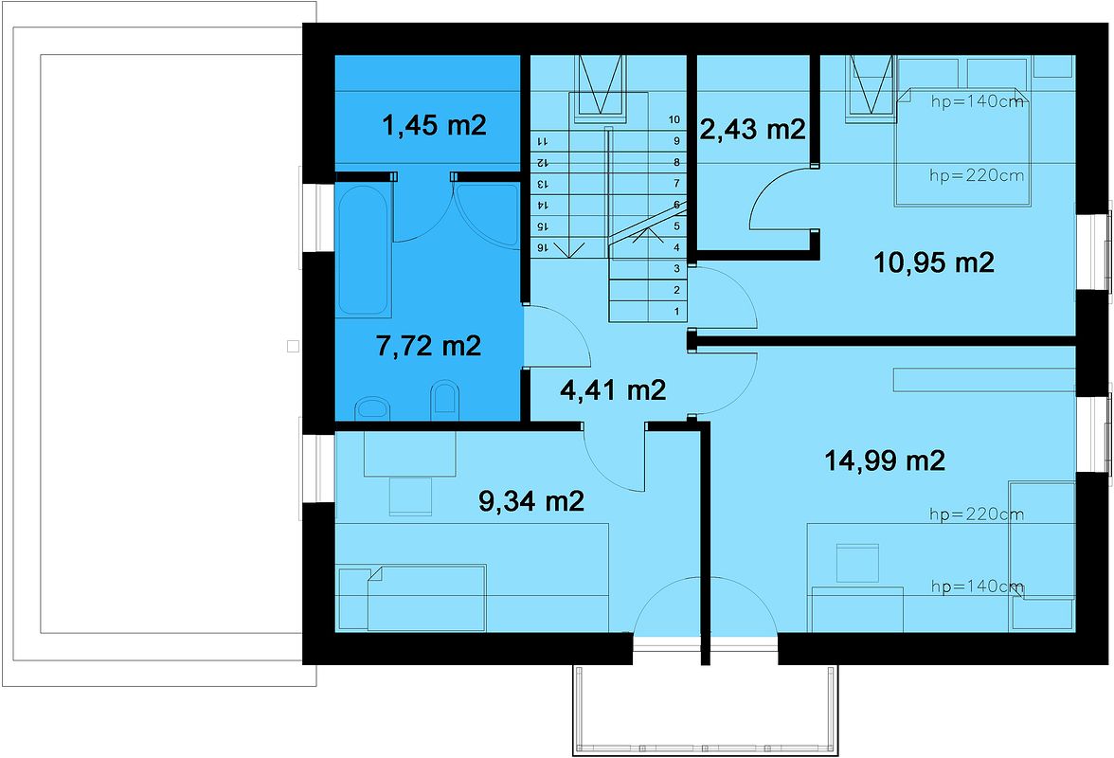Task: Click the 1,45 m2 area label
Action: click(434, 124)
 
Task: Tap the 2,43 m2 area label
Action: click(751, 128)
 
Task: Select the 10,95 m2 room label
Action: click(933, 262)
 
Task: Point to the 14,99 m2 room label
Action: click(885, 460)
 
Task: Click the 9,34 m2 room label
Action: click(530, 501)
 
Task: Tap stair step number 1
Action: click(676, 311)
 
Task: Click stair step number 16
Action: click(544, 247)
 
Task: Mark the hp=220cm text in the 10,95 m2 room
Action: click(977, 175)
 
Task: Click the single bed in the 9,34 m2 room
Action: click(412, 597)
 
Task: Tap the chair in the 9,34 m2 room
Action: click(412, 496)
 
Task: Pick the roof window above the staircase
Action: click(601, 84)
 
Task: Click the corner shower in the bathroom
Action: click(484, 208)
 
